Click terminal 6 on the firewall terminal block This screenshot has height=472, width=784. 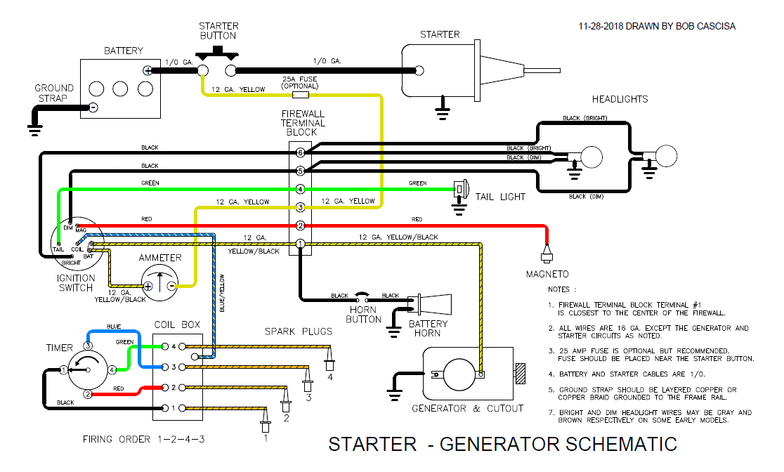(x=300, y=152)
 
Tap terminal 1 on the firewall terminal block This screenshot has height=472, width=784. (x=300, y=244)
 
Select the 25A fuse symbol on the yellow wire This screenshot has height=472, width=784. (x=300, y=93)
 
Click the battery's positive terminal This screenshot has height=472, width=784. (x=148, y=70)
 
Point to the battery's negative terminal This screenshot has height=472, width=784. (x=92, y=107)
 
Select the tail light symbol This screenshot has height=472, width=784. (x=461, y=189)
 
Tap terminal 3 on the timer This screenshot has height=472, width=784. (x=89, y=346)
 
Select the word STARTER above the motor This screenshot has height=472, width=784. (x=440, y=34)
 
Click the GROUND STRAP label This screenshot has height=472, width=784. (x=54, y=93)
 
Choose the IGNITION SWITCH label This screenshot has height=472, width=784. (x=76, y=283)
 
